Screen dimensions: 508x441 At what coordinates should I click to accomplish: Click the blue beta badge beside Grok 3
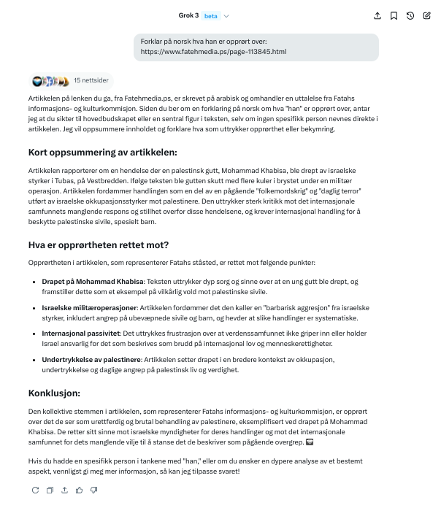tap(210, 15)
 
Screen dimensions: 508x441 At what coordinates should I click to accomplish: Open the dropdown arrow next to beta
tap(226, 15)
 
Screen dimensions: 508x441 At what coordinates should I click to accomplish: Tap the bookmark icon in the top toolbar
tap(394, 15)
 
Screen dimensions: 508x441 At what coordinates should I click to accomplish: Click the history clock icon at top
tap(410, 15)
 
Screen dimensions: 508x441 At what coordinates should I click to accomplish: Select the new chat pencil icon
tap(427, 15)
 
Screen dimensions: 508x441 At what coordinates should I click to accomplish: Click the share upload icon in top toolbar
tap(377, 15)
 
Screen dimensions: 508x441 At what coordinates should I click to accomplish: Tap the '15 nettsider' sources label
tap(91, 81)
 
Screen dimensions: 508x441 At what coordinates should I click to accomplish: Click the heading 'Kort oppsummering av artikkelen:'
tap(103, 153)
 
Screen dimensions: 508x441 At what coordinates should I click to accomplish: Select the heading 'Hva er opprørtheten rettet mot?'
tap(98, 245)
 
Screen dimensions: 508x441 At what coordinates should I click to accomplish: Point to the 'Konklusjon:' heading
tap(54, 393)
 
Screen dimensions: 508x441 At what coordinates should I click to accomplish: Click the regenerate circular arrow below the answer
tap(34, 490)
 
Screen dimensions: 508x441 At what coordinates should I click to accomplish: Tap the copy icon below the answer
tap(50, 490)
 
